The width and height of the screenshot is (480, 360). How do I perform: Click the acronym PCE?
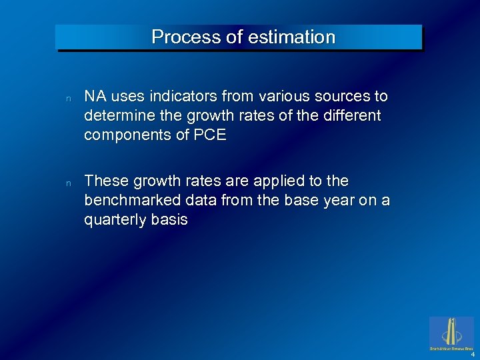211,135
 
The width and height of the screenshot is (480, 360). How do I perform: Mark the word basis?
169,220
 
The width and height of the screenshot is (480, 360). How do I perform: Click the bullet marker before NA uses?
68,98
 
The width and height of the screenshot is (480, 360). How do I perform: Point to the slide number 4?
471,354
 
